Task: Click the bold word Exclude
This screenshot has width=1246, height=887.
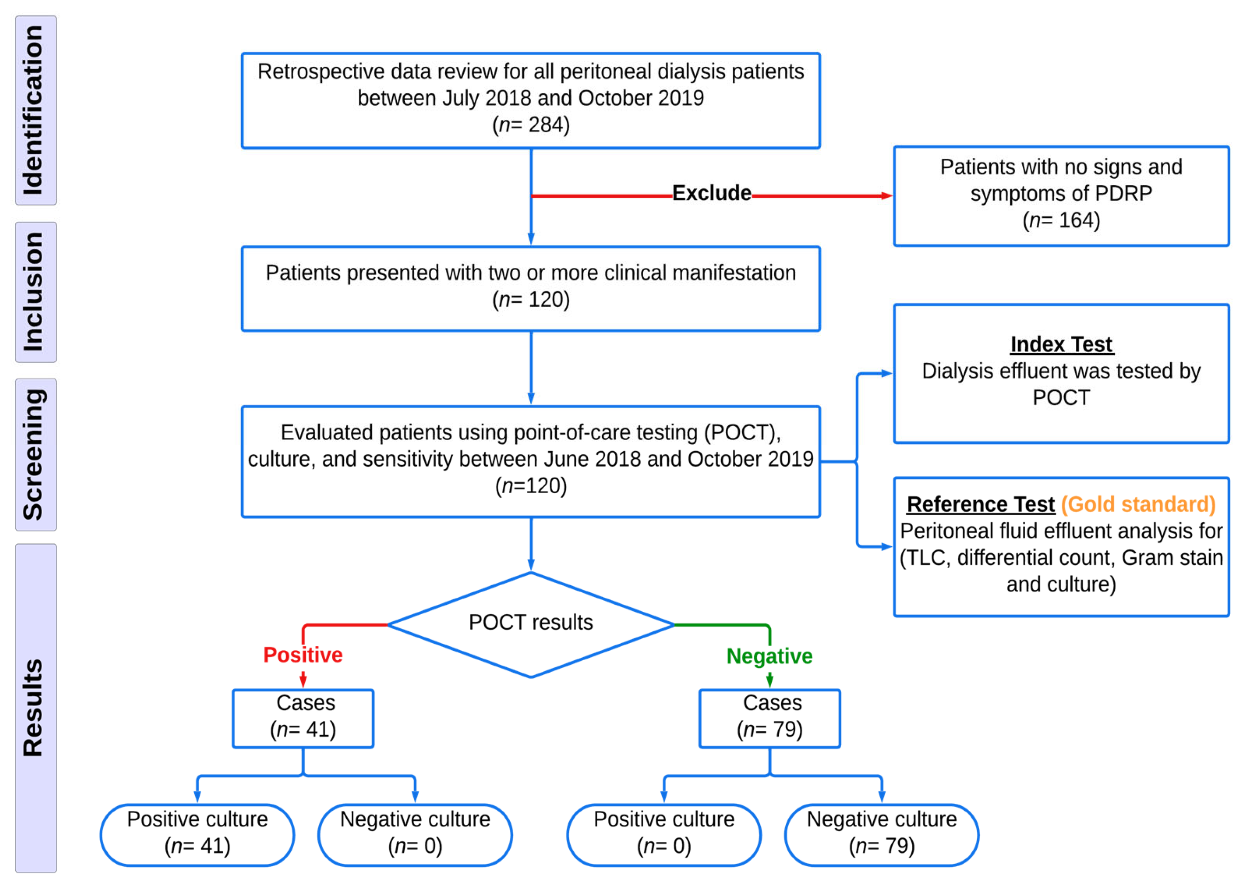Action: click(711, 193)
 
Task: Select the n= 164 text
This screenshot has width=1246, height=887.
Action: click(1060, 220)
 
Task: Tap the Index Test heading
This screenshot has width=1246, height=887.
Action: click(1060, 344)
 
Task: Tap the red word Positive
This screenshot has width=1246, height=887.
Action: click(303, 655)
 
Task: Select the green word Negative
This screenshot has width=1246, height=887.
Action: click(769, 656)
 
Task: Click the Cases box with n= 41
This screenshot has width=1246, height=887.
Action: click(303, 718)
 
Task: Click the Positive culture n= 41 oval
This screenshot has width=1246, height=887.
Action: click(197, 834)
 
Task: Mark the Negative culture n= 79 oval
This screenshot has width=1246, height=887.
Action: click(881, 834)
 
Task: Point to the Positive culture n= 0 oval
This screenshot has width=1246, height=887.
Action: click(663, 834)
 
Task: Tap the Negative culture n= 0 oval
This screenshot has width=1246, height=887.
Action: click(415, 834)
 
